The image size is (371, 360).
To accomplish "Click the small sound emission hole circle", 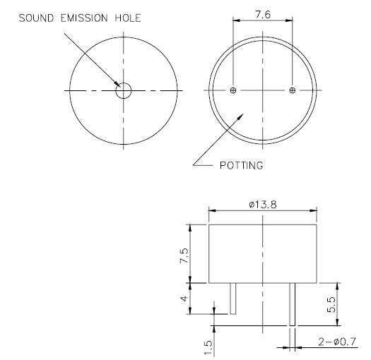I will pyautogui.click(x=124, y=90).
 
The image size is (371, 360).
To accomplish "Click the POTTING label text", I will pyautogui.click(x=240, y=167).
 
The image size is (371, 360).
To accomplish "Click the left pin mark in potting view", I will pyautogui.click(x=234, y=90).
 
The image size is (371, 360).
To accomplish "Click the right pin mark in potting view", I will pyautogui.click(x=293, y=90).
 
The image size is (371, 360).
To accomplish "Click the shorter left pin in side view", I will pyautogui.click(x=232, y=299).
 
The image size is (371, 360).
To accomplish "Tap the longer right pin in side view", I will pyautogui.click(x=293, y=304).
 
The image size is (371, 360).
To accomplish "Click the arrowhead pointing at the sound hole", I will pyautogui.click(x=117, y=85).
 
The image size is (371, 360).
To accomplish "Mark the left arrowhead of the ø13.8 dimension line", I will pyautogui.click(x=212, y=210).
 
